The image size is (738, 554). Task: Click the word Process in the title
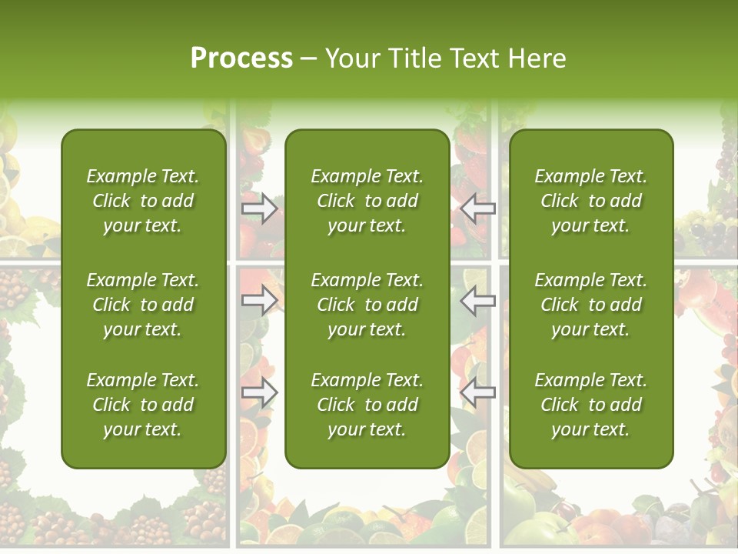[x=241, y=58]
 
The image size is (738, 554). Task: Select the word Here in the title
[x=535, y=58]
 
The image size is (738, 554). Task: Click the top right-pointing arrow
[x=259, y=209]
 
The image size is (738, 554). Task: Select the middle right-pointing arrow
[x=259, y=301]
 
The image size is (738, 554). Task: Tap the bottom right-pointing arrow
[x=259, y=393]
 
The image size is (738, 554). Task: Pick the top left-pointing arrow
[x=478, y=209]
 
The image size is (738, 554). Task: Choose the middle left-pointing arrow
[x=478, y=301]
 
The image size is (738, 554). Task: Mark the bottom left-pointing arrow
[x=478, y=393]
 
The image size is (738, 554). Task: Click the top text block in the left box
[x=143, y=201]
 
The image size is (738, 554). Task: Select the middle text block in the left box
[x=143, y=305]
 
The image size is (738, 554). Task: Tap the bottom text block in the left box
[x=143, y=405]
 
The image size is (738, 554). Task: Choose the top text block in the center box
[x=367, y=201]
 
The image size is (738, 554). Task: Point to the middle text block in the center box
[x=367, y=305]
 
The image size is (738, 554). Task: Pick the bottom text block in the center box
[x=367, y=405]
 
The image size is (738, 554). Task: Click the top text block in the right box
[x=591, y=201]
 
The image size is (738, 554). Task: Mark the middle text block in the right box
[x=591, y=305]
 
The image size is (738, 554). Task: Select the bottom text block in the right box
[x=591, y=405]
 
